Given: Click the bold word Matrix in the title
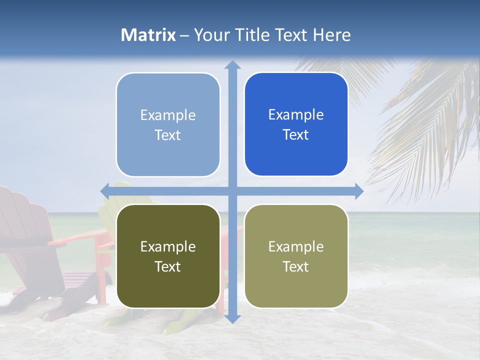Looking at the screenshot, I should coord(148,35).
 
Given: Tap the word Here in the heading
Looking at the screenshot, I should coord(331,35).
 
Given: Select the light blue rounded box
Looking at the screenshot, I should coord(168,124).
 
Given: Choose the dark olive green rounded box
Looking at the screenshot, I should coord(168,256).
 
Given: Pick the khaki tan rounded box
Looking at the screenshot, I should coord(296,256).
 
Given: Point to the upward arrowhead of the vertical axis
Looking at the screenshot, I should coord(232,65).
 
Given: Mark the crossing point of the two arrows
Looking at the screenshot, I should coord(232,190).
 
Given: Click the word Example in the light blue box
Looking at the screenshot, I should coord(168,115).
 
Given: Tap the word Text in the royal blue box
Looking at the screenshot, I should coord(296,134).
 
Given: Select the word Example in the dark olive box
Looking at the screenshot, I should coord(168,246).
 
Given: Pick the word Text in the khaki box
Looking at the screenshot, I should coord(296,266).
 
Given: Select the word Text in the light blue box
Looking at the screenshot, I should coord(168,135).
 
